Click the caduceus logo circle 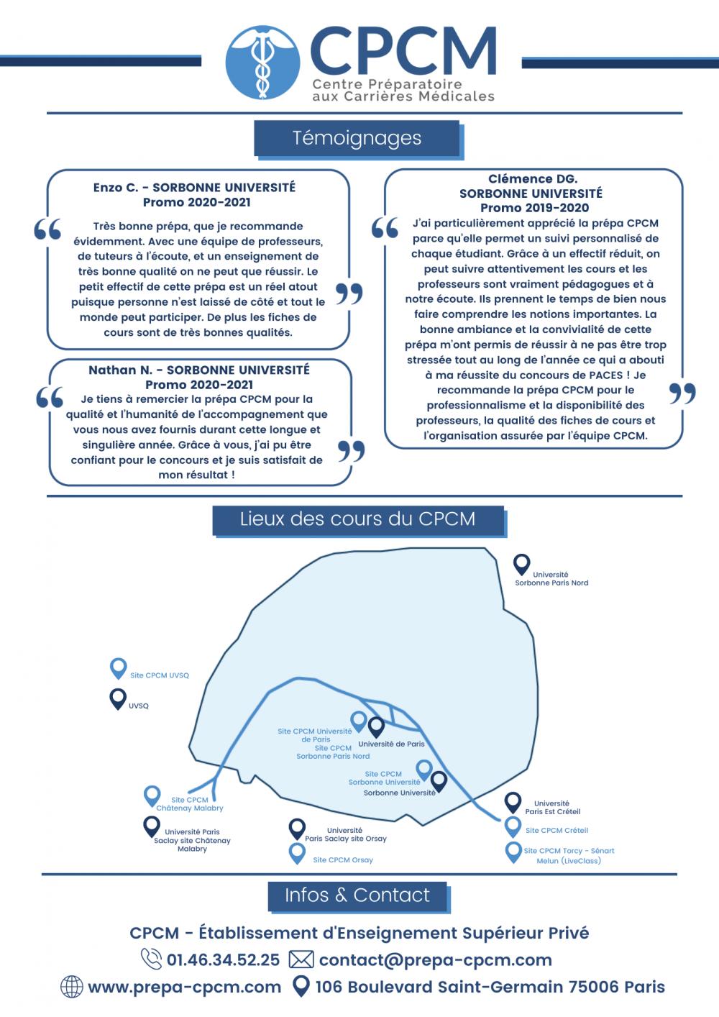(262, 62)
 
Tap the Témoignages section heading (357, 138)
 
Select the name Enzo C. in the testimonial (115, 188)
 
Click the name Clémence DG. (533, 179)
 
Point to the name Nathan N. (120, 370)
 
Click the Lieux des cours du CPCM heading (357, 519)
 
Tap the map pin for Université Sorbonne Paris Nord (521, 565)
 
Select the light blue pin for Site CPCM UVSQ (118, 669)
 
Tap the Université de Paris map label (391, 744)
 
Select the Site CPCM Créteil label (557, 830)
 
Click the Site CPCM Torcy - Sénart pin (513, 852)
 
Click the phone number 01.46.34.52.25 (224, 959)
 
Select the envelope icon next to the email (301, 959)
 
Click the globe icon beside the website (72, 987)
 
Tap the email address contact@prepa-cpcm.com (436, 960)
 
